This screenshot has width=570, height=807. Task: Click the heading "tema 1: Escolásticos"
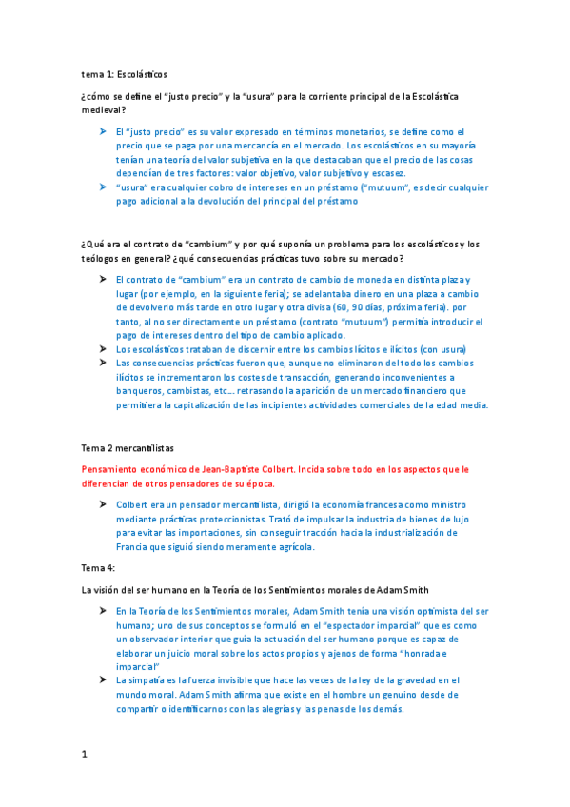[124, 74]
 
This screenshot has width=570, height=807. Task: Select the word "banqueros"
[141, 390]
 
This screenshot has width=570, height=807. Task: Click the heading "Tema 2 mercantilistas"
[128, 447]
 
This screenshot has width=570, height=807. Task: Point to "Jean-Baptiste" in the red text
[234, 470]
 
